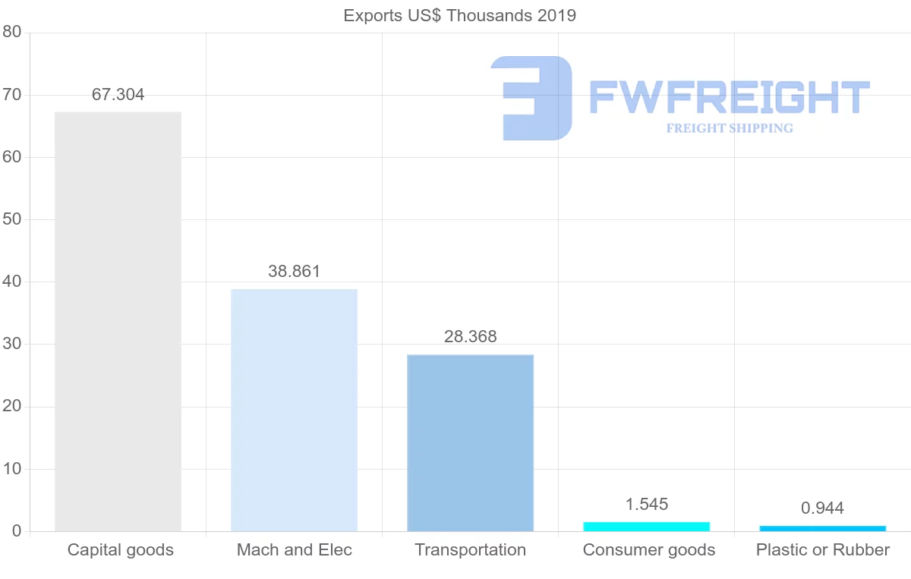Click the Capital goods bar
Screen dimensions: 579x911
pyautogui.click(x=118, y=322)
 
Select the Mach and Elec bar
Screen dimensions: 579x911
pyautogui.click(x=294, y=410)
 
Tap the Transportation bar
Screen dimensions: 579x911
pyautogui.click(x=470, y=443)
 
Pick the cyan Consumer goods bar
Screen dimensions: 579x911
pyautogui.click(x=646, y=526)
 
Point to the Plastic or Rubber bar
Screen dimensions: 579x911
pyautogui.click(x=822, y=528)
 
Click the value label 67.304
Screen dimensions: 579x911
pyautogui.click(x=118, y=95)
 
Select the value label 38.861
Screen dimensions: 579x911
pyautogui.click(x=294, y=272)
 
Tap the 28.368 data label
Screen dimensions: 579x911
pyautogui.click(x=470, y=337)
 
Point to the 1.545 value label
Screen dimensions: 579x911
pyautogui.click(x=646, y=505)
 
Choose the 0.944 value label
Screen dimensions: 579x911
pyautogui.click(x=822, y=508)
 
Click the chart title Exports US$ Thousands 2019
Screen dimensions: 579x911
pyautogui.click(x=459, y=15)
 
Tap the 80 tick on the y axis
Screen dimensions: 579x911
pyautogui.click(x=11, y=33)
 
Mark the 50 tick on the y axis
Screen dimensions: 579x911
pyautogui.click(x=11, y=220)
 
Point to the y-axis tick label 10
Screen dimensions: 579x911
pyautogui.click(x=11, y=469)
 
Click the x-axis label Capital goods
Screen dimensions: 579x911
pyautogui.click(x=120, y=550)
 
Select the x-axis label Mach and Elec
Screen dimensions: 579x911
pyautogui.click(x=294, y=550)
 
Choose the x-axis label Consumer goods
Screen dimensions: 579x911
pyautogui.click(x=648, y=550)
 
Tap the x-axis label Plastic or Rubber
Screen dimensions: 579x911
pyautogui.click(x=822, y=550)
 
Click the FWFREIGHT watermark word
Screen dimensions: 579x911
pyautogui.click(x=729, y=97)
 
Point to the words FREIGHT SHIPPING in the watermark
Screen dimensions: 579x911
pyautogui.click(x=729, y=128)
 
